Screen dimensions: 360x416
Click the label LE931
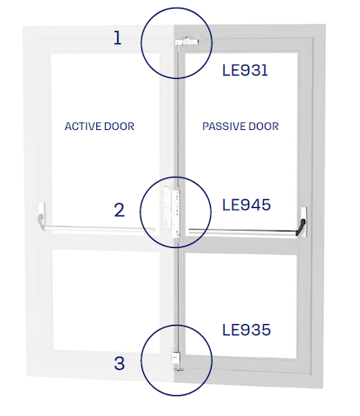click(245, 70)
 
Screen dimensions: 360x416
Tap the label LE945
click(246, 205)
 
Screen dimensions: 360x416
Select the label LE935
click(246, 329)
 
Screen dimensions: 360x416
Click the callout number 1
click(117, 37)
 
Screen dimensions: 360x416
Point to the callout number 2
click(120, 210)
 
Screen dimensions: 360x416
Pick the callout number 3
click(120, 363)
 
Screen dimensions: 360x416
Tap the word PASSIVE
click(221, 127)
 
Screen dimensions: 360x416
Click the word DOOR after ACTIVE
click(119, 127)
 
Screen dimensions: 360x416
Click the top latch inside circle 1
click(187, 42)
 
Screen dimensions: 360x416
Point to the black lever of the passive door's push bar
click(301, 228)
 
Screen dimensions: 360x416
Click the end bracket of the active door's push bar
click(42, 216)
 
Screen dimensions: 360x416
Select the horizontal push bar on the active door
click(99, 228)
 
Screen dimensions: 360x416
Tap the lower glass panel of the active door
click(107, 301)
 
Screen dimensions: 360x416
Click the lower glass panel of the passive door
click(241, 306)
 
